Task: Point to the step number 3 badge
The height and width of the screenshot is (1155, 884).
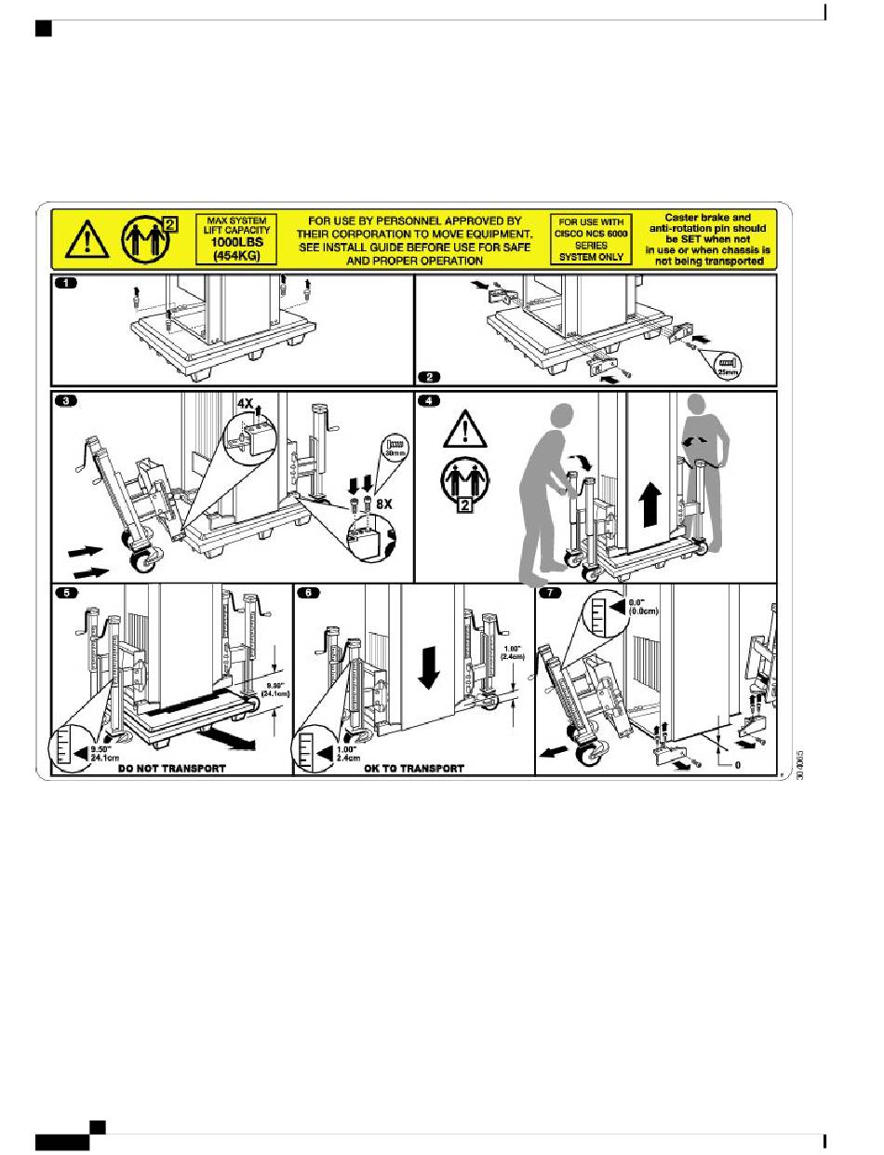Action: click(66, 401)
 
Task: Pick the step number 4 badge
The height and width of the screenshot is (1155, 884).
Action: click(427, 401)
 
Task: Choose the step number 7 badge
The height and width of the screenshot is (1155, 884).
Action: click(550, 592)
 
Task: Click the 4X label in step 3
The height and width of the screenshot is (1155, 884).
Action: click(244, 404)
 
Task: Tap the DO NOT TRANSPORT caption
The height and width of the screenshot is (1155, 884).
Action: click(172, 769)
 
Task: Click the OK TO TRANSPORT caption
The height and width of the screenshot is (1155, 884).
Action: click(414, 769)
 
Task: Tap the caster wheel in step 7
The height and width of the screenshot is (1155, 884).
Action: click(586, 751)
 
